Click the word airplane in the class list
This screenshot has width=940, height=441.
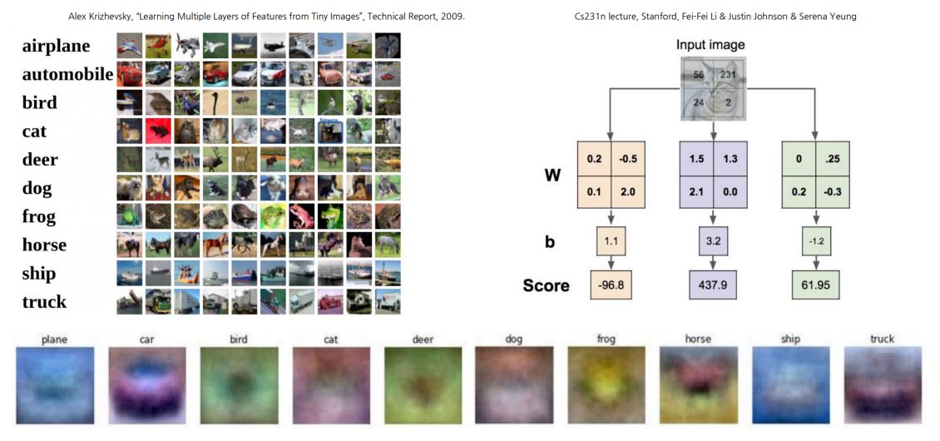click(x=56, y=46)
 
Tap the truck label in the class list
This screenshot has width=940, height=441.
click(x=44, y=301)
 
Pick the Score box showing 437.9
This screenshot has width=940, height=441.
click(x=712, y=285)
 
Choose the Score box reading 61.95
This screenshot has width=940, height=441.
click(x=814, y=285)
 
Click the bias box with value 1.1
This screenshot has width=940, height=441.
click(x=611, y=242)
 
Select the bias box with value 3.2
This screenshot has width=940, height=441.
click(x=712, y=242)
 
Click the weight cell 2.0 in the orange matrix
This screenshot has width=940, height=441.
click(x=628, y=192)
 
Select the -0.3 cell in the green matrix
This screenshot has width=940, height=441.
click(x=832, y=192)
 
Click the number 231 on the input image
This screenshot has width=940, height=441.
click(x=727, y=73)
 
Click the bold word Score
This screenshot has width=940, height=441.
click(x=546, y=285)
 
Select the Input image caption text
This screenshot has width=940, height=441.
click(x=710, y=44)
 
